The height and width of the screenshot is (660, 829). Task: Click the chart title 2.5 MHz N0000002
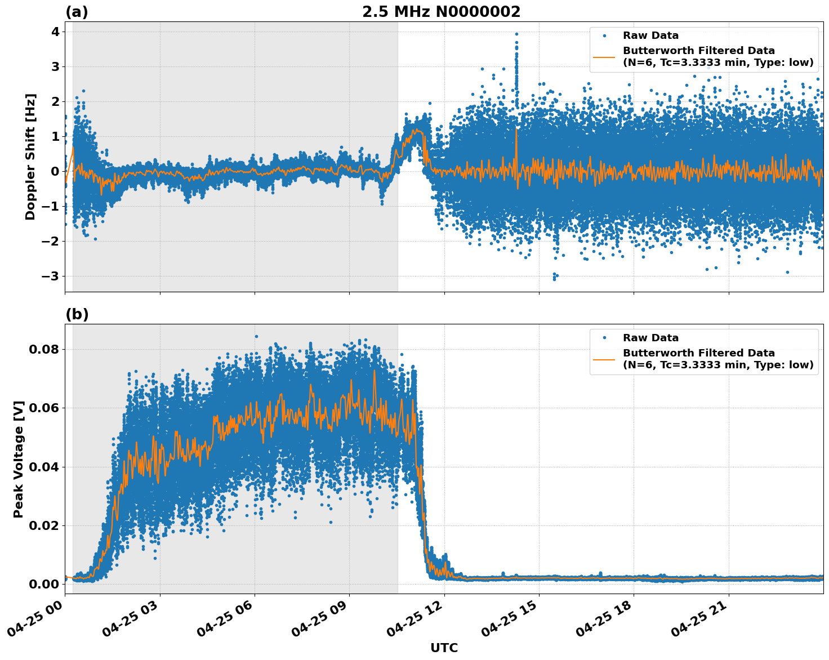[441, 12]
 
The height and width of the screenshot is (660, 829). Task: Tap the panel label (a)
[77, 12]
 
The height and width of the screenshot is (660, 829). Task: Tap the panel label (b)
[77, 314]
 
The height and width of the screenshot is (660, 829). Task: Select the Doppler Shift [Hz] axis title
[30, 157]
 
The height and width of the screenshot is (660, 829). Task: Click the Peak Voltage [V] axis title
[19, 459]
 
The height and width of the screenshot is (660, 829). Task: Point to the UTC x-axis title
[444, 648]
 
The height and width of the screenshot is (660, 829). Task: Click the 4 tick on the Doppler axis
[55, 32]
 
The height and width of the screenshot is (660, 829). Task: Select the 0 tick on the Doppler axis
[55, 171]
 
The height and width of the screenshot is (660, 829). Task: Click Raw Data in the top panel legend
[650, 35]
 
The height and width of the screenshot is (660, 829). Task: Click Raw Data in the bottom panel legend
[650, 338]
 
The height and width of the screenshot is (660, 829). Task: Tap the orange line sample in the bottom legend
[604, 359]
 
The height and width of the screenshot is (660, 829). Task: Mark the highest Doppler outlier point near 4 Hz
[516, 34]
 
